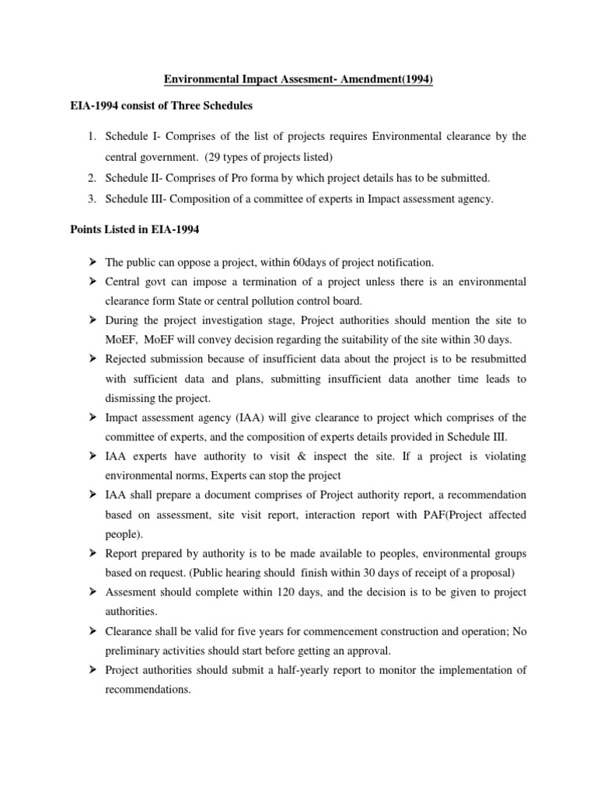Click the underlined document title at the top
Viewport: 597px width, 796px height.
298,79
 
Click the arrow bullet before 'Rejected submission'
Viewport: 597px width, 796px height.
92,358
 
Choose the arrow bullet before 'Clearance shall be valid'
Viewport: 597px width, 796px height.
92,631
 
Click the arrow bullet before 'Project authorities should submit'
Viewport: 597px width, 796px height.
92,669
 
